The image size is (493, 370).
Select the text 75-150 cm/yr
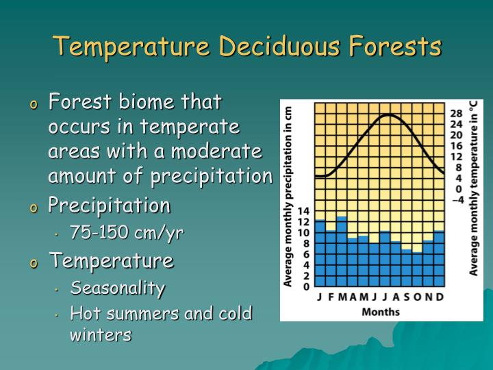127,233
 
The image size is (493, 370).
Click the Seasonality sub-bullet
117,288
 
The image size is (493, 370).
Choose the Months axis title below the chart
381,312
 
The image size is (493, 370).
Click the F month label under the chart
331,297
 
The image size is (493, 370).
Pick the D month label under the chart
440,297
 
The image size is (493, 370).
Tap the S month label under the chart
406,297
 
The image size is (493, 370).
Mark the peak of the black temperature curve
389,115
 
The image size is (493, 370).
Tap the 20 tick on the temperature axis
455,135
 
